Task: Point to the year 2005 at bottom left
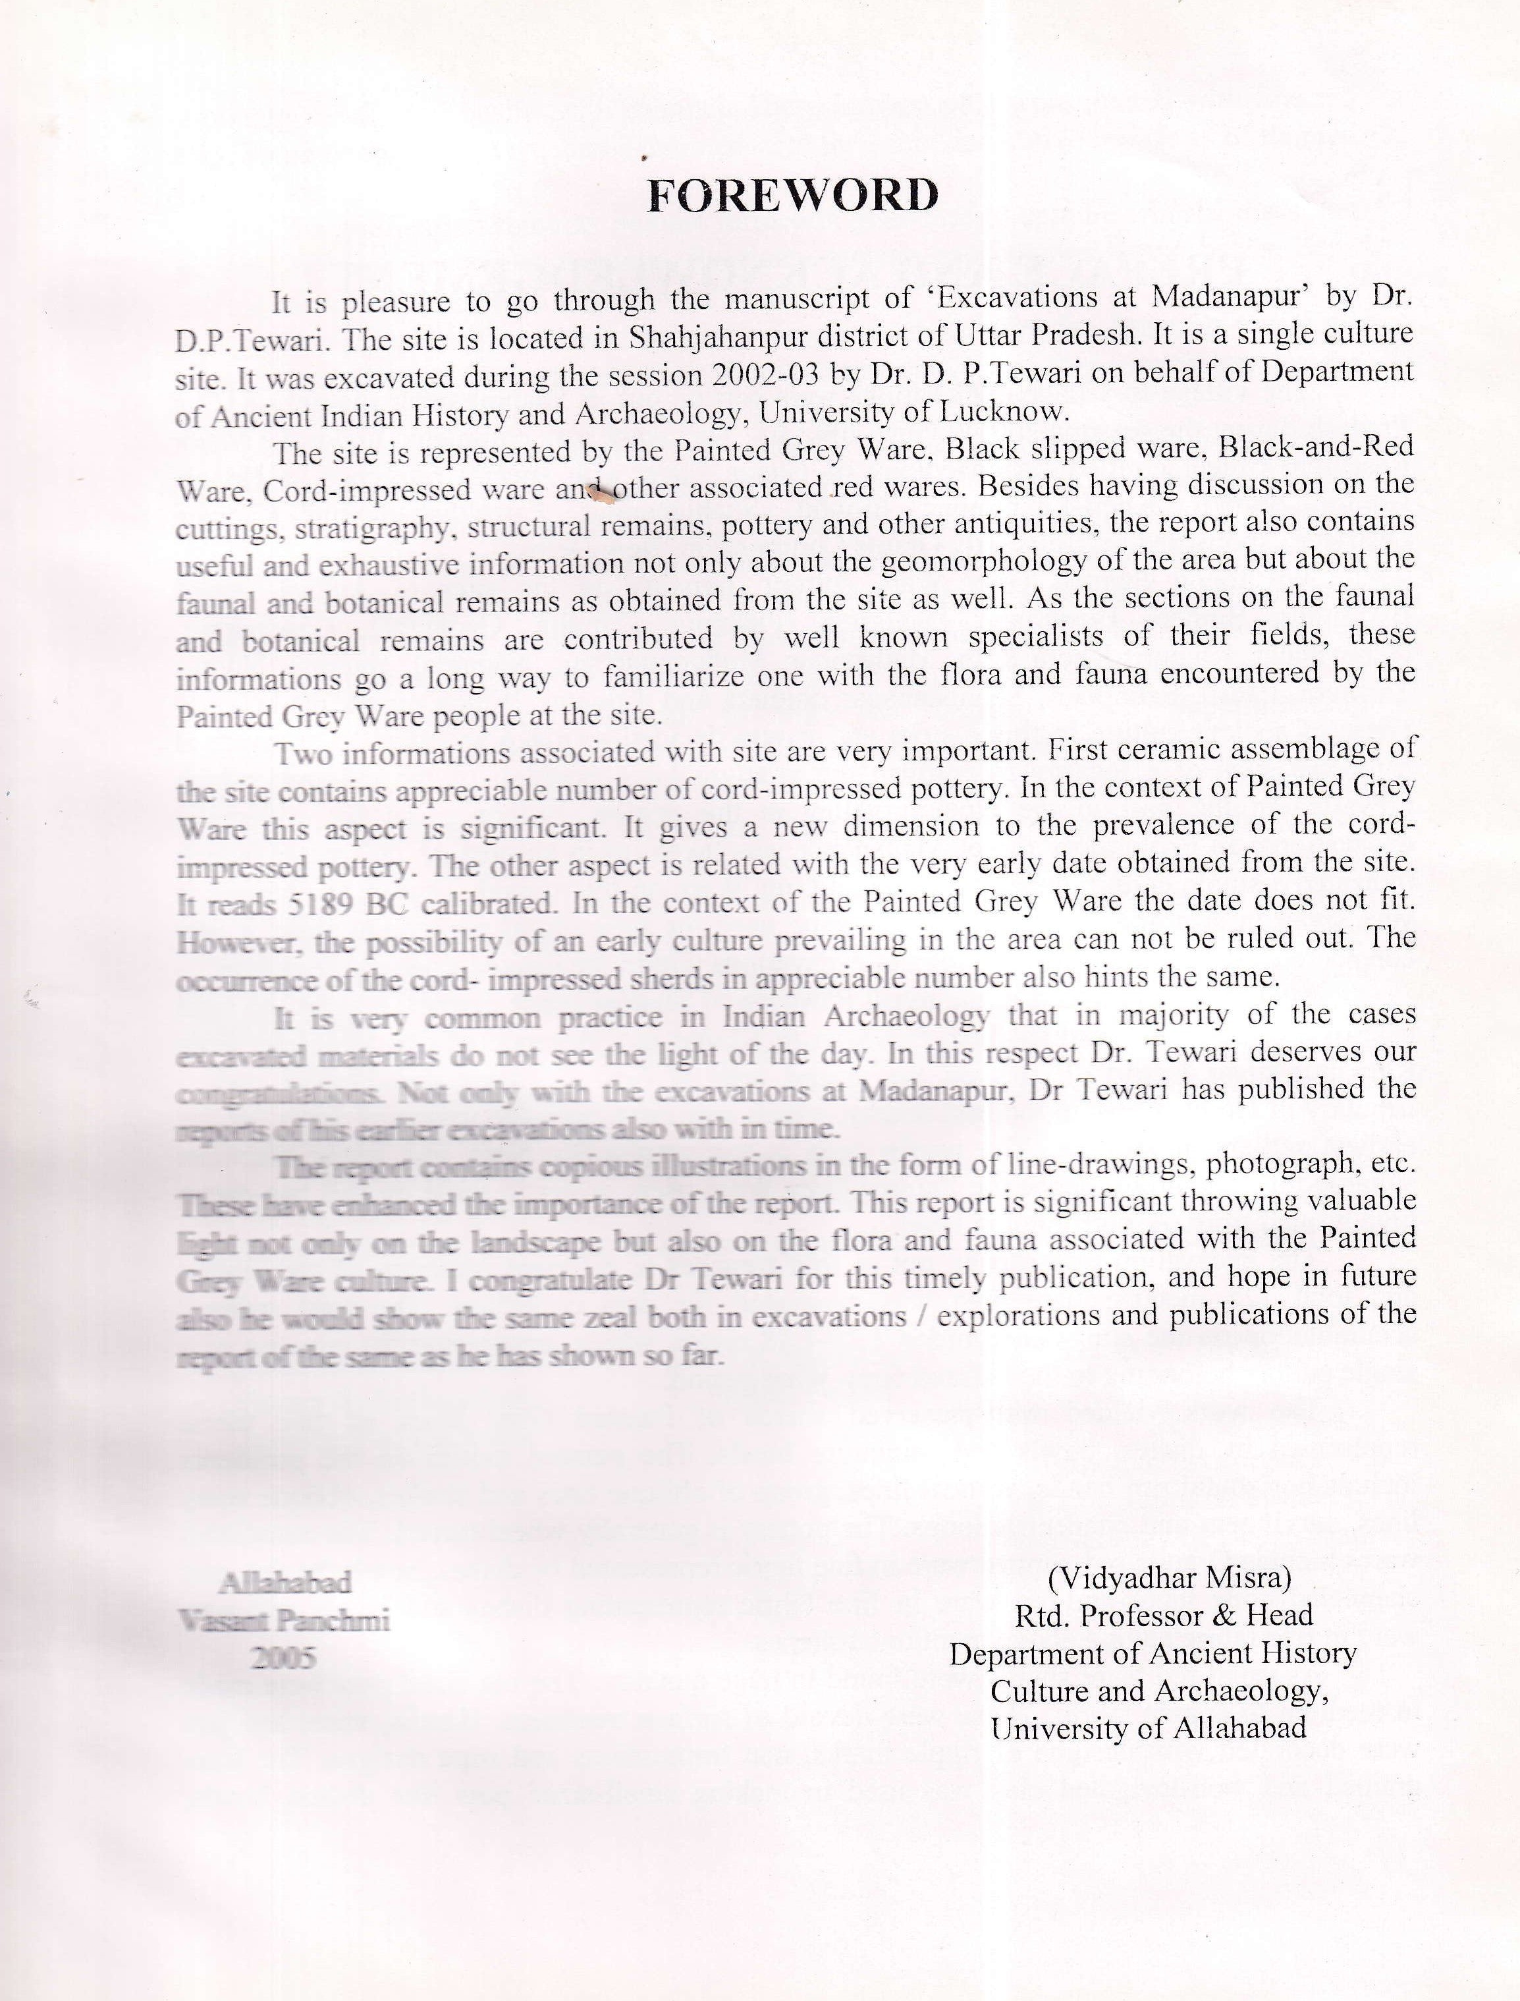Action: [x=284, y=1657]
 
